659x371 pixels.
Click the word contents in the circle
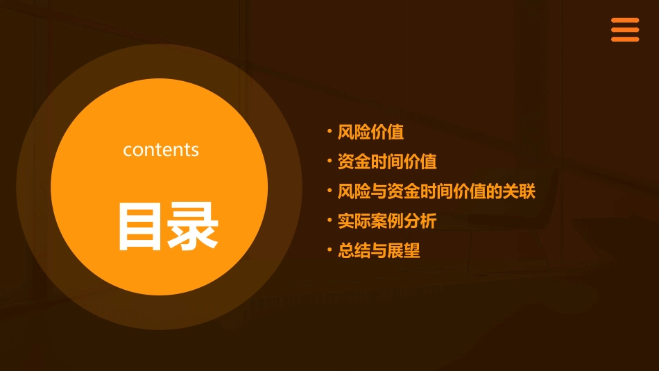161,150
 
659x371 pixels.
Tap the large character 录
194,226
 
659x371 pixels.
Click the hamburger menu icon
625,30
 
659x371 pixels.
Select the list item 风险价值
370,132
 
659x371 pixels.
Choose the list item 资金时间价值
387,162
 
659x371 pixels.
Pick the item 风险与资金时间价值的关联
436,192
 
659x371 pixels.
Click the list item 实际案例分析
387,221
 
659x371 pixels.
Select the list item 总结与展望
379,251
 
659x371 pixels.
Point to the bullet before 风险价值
329,130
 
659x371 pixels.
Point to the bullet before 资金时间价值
329,160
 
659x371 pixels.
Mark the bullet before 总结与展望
329,249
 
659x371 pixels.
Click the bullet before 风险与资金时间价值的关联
329,190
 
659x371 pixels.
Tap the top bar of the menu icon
625,21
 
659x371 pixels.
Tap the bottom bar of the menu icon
625,40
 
